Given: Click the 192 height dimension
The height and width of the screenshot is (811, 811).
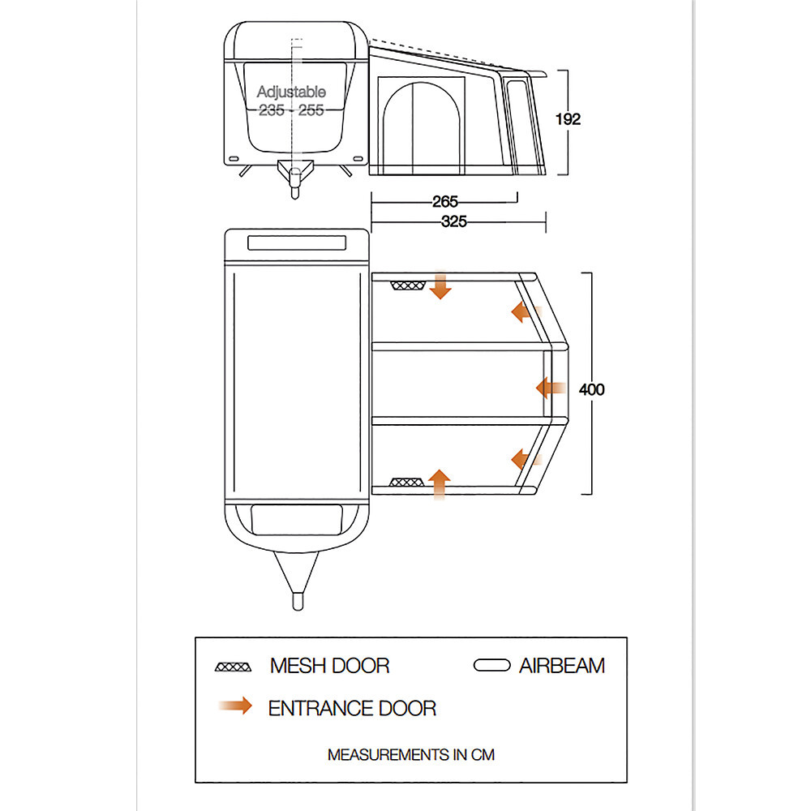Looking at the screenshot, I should point(568,119).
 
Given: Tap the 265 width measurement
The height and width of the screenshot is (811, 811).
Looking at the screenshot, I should point(445,202).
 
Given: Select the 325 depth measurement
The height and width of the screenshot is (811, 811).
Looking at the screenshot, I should point(453,221).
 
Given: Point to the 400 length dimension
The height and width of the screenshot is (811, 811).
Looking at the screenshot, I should point(591,389).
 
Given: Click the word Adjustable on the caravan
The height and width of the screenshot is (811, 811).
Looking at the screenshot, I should point(291,92).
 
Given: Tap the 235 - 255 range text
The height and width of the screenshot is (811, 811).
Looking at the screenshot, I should point(291,110).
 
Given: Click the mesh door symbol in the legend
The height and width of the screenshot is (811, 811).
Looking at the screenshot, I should point(234,667).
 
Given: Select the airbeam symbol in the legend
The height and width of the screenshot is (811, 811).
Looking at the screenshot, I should point(491,666).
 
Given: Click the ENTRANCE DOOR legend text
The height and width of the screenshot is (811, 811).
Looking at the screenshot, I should point(352,708).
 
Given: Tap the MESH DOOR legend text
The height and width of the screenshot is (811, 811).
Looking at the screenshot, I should point(329,666).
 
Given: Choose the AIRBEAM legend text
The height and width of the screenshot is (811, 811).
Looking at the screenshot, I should point(562,666).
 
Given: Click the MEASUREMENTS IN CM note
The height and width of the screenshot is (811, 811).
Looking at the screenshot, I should point(410,754).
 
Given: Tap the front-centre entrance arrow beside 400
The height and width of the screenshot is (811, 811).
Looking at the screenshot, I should point(551,388).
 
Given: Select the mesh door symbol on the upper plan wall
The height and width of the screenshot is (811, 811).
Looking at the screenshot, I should point(408,285).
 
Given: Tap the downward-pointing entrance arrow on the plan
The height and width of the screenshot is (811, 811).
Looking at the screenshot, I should point(440,286).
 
